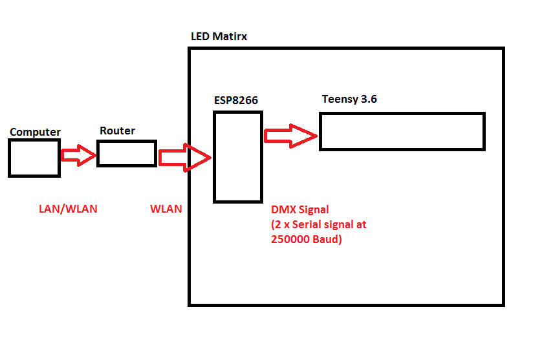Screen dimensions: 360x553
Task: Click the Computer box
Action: [34, 158]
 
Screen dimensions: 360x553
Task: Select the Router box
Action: [127, 153]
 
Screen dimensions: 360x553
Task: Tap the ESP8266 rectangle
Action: [238, 157]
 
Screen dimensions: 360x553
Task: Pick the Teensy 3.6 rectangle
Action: [402, 132]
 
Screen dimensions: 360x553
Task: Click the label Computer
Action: [35, 132]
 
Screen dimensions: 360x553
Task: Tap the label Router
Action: [117, 131]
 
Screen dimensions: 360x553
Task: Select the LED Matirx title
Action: [219, 36]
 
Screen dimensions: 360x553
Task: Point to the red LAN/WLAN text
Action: [67, 209]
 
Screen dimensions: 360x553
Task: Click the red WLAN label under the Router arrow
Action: [166, 209]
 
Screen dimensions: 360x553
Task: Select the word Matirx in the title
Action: [231, 36]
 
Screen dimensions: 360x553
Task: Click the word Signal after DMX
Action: [314, 209]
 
